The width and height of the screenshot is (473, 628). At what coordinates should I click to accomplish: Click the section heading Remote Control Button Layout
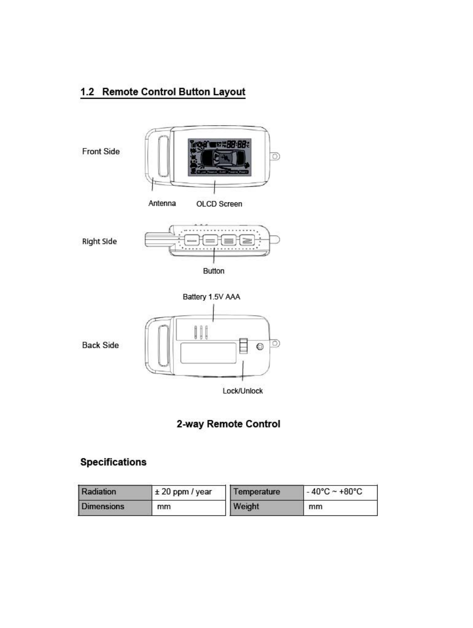(163, 92)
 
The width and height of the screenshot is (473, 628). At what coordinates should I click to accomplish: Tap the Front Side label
(101, 151)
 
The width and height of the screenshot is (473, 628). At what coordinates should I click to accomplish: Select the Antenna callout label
(162, 203)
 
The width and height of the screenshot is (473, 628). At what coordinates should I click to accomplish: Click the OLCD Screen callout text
(219, 204)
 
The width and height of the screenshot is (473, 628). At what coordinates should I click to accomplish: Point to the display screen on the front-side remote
(220, 157)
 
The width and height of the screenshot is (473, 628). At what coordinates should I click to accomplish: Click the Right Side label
(99, 242)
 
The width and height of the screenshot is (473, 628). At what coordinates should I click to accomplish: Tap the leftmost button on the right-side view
(192, 240)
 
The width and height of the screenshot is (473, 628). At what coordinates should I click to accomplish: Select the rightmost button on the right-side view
(247, 240)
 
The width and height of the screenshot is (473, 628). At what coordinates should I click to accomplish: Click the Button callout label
(213, 271)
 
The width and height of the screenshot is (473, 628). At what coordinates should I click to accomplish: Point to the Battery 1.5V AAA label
(211, 297)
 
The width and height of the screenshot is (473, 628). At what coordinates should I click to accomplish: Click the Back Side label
(100, 345)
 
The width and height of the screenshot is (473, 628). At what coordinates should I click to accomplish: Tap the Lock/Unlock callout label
(242, 391)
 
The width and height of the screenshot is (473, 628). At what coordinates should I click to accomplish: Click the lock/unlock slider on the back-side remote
(243, 346)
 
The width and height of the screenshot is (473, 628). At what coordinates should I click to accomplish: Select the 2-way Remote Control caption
(228, 424)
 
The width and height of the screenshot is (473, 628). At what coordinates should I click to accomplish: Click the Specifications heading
(113, 462)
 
